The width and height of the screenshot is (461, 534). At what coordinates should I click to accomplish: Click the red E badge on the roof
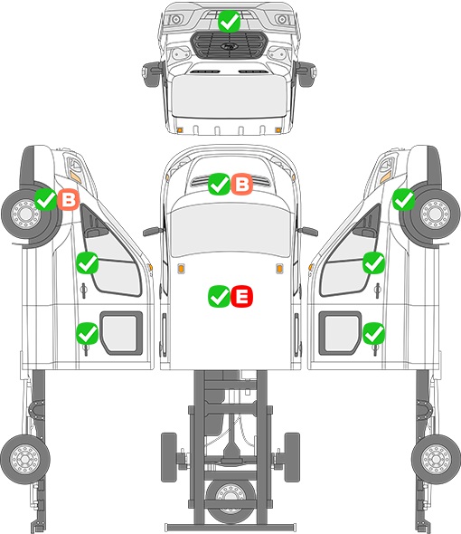pyautogui.click(x=242, y=296)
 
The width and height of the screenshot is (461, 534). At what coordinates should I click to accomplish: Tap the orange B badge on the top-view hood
pyautogui.click(x=242, y=185)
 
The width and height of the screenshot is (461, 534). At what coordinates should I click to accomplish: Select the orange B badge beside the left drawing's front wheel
pyautogui.click(x=69, y=199)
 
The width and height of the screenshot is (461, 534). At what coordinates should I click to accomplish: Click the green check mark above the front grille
pyautogui.click(x=229, y=21)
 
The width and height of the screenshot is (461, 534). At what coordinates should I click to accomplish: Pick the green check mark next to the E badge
pyautogui.click(x=219, y=296)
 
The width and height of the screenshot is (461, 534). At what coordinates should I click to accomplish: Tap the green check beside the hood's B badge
pyautogui.click(x=219, y=185)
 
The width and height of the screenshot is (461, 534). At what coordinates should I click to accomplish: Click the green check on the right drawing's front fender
pyautogui.click(x=403, y=199)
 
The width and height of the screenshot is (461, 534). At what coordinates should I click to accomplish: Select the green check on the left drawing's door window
pyautogui.click(x=87, y=262)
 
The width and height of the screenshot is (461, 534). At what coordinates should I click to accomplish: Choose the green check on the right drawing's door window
pyautogui.click(x=374, y=262)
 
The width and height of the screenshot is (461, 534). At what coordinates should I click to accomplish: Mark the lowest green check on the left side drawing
pyautogui.click(x=87, y=333)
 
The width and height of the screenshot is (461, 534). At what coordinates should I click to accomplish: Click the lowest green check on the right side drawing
pyautogui.click(x=374, y=333)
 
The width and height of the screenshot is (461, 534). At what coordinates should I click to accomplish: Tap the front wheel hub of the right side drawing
pyautogui.click(x=435, y=215)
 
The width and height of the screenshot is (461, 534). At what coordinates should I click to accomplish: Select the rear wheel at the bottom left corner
pyautogui.click(x=25, y=459)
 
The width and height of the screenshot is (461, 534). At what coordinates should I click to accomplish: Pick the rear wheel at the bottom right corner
pyautogui.click(x=437, y=459)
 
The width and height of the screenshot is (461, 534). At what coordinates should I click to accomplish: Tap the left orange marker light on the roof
pyautogui.click(x=181, y=269)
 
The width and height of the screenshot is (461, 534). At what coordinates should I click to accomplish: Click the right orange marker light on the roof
pyautogui.click(x=279, y=269)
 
